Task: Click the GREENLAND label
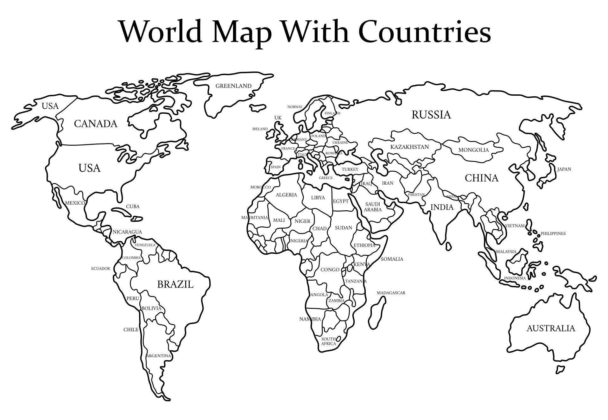point(233,86)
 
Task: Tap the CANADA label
point(96,124)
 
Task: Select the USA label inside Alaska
point(50,106)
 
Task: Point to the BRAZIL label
point(175,284)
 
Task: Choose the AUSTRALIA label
point(550,328)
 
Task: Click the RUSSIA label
point(431,115)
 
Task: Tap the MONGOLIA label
point(473,150)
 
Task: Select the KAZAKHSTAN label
point(409,147)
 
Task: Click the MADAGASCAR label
point(391,293)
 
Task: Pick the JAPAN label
point(564,169)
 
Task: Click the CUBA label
point(133,207)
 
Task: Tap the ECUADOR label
point(100,269)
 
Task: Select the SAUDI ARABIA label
point(372,207)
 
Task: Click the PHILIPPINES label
point(553,234)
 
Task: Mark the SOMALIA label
point(392,259)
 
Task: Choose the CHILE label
point(131,330)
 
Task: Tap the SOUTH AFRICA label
point(328,341)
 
